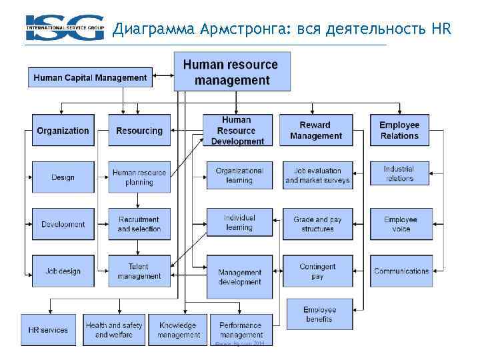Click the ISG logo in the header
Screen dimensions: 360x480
click(65, 28)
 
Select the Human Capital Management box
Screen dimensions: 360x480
click(91, 77)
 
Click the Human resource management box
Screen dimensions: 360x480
click(232, 72)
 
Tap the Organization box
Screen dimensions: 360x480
click(63, 131)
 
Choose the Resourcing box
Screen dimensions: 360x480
click(139, 131)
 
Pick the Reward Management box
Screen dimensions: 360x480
click(315, 131)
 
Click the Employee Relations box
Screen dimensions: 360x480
click(399, 131)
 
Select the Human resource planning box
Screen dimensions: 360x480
click(139, 177)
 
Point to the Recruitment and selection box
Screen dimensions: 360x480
click(139, 224)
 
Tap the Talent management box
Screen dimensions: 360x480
click(139, 271)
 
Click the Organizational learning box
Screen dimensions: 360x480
click(239, 175)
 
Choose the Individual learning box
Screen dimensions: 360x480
click(239, 223)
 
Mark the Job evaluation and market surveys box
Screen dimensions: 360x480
click(317, 175)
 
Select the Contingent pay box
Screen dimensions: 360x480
click(317, 271)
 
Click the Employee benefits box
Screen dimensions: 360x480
click(320, 314)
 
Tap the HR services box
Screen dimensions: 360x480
click(48, 330)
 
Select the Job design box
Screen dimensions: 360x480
click(63, 271)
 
